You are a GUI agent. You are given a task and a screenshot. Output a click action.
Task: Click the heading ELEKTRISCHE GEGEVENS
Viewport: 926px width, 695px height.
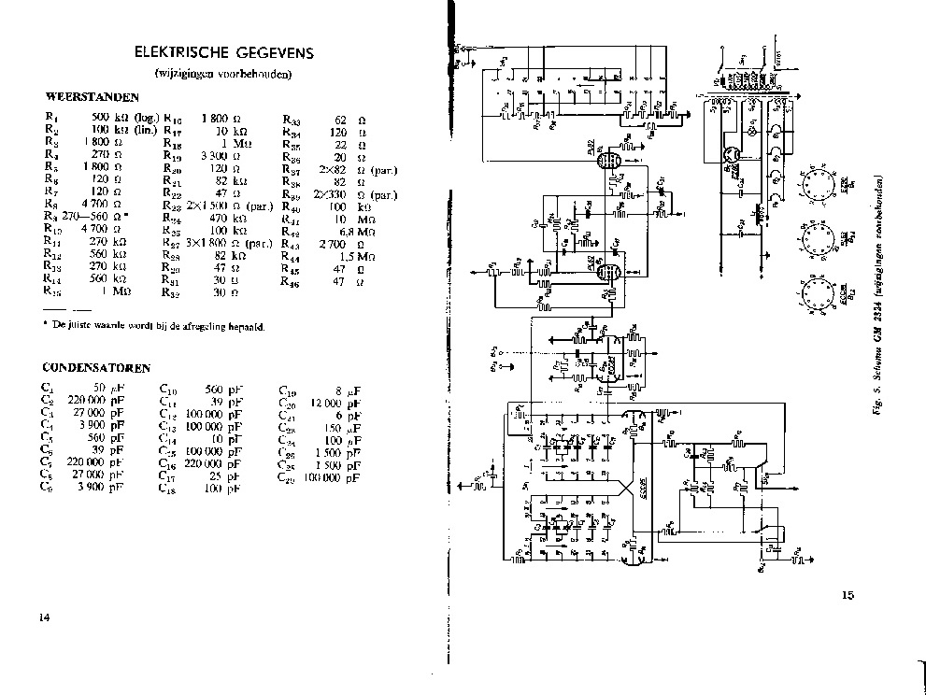tap(225, 52)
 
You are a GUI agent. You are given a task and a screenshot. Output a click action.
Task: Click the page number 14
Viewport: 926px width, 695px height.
tap(44, 617)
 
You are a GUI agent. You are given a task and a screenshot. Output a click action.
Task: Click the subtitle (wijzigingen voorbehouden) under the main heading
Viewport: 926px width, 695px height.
tap(224, 74)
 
